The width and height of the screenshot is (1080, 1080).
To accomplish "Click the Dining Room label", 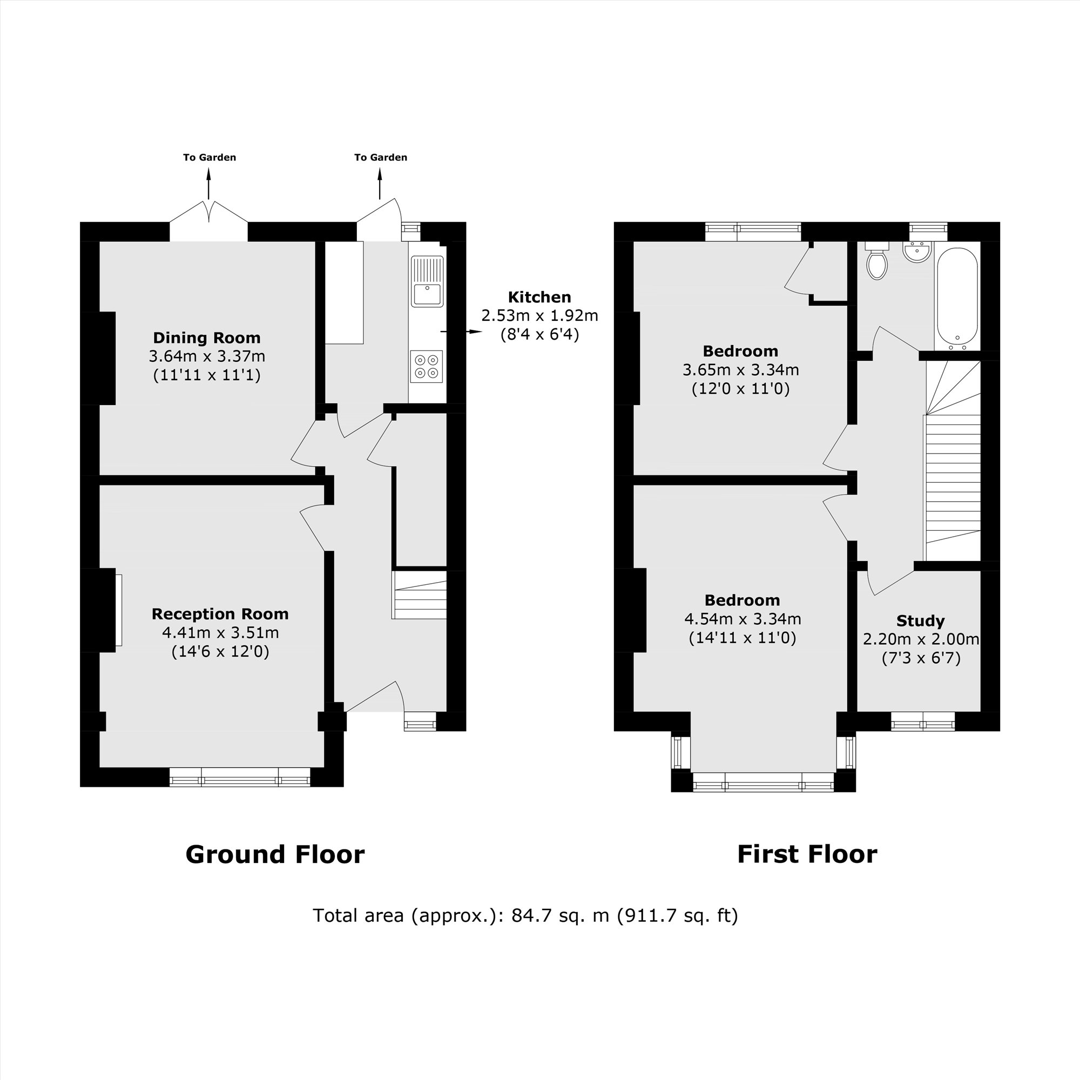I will click(207, 337).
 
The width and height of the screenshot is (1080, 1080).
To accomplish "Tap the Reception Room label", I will click(220, 614).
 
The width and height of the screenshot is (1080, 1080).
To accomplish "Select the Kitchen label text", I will click(539, 297).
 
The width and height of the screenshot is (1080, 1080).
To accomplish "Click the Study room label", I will click(920, 620).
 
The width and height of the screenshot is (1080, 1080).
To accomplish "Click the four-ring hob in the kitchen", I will click(427, 367).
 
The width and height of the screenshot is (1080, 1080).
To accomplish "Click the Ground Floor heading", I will click(274, 855).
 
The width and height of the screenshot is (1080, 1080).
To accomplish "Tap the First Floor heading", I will click(807, 854).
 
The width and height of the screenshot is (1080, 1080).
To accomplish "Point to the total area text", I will click(525, 916).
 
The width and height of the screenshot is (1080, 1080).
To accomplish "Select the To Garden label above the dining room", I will click(209, 158).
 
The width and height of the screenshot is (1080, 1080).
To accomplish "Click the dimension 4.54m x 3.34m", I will click(742, 619).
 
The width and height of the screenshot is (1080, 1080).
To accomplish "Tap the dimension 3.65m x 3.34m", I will click(740, 369).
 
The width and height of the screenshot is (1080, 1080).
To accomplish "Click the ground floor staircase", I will click(420, 595).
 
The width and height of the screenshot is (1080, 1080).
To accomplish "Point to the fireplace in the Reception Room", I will click(118, 610).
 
